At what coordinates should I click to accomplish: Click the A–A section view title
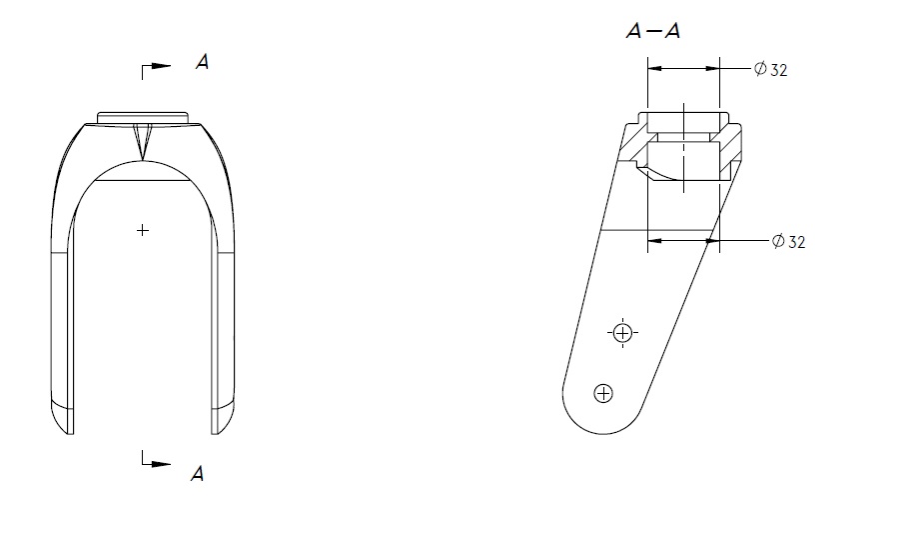(653, 31)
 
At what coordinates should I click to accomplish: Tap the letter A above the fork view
(202, 62)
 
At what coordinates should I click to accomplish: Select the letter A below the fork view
(198, 473)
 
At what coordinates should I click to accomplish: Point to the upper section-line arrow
(156, 66)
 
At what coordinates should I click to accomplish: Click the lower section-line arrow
(156, 464)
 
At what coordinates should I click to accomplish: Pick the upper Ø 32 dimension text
(770, 70)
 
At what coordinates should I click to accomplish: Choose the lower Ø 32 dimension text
(788, 241)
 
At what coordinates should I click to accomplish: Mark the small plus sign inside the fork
(143, 230)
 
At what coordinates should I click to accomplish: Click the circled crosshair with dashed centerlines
(622, 333)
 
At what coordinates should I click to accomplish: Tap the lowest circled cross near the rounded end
(603, 393)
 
